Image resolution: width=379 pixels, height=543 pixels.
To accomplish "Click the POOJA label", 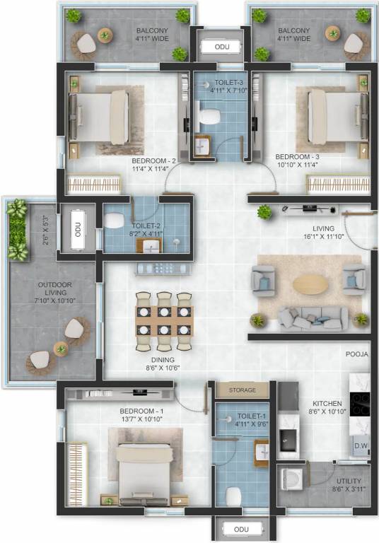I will (x=357, y=354).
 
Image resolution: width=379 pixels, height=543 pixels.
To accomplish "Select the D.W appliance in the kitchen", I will (x=360, y=446).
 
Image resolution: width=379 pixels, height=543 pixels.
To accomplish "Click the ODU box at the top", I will (x=218, y=47).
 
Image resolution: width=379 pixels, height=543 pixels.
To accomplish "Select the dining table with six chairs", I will (x=164, y=321).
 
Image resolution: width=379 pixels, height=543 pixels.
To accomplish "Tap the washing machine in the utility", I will (x=290, y=479).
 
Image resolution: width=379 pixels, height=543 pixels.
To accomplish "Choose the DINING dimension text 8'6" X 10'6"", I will (x=163, y=368).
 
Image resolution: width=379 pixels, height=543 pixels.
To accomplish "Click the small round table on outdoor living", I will (x=62, y=347).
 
